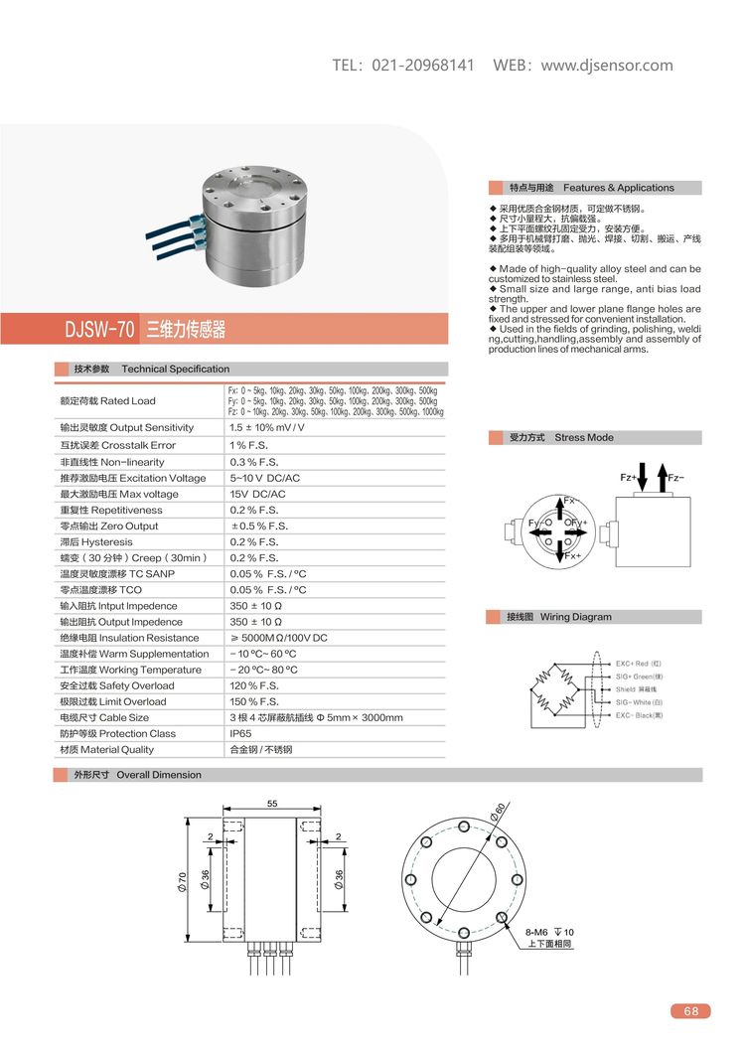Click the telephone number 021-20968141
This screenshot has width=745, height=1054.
click(x=423, y=66)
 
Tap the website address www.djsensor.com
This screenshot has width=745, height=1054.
click(x=607, y=66)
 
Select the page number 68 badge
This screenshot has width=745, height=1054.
click(x=691, y=1011)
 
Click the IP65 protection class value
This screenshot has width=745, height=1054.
click(x=242, y=734)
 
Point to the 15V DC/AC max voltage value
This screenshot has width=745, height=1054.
click(x=257, y=495)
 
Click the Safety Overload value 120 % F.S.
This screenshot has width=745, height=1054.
click(x=254, y=686)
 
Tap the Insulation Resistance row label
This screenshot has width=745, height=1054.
click(x=129, y=638)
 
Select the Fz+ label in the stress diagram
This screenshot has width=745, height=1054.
click(x=628, y=478)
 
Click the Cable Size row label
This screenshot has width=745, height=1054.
click(x=104, y=718)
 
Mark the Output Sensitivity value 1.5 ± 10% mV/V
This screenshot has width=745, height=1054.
click(x=267, y=428)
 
